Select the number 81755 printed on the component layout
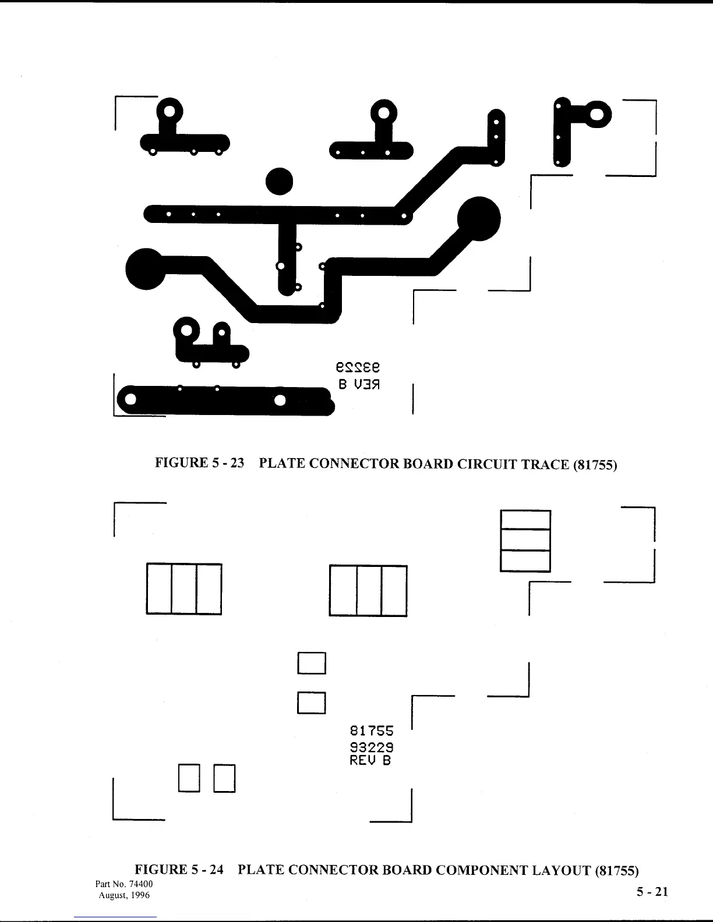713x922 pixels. (x=372, y=730)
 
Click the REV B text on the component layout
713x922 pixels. (x=370, y=760)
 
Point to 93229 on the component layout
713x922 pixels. (x=372, y=746)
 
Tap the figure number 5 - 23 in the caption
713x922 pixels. (x=224, y=463)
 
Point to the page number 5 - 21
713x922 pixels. (x=652, y=892)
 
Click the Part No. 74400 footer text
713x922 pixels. (x=123, y=884)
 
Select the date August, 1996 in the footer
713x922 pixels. (x=124, y=895)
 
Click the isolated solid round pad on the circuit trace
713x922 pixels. (x=279, y=182)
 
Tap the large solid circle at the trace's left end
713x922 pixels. (x=144, y=268)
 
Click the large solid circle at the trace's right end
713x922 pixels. (x=479, y=219)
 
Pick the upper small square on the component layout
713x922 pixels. (x=311, y=662)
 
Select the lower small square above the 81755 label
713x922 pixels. (x=311, y=702)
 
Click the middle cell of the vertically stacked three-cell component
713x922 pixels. (x=525, y=540)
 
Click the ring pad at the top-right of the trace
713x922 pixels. (x=596, y=115)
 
